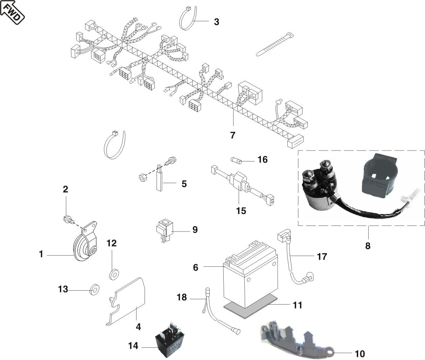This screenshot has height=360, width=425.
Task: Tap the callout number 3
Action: pos(216,22)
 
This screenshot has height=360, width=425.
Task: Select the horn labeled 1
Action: pos(83,247)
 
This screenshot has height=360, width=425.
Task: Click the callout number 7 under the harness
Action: pos(233,135)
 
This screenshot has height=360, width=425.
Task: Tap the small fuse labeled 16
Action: pos(238,160)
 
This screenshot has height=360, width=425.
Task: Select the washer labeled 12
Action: pos(113,275)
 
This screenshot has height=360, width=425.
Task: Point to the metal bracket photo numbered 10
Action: pos(294,336)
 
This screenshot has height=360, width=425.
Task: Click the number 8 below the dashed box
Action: pos(367,245)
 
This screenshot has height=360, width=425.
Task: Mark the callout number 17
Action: pos(322,256)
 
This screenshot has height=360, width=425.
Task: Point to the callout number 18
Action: pos(182,298)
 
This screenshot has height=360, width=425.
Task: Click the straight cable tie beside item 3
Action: pos(275,45)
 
